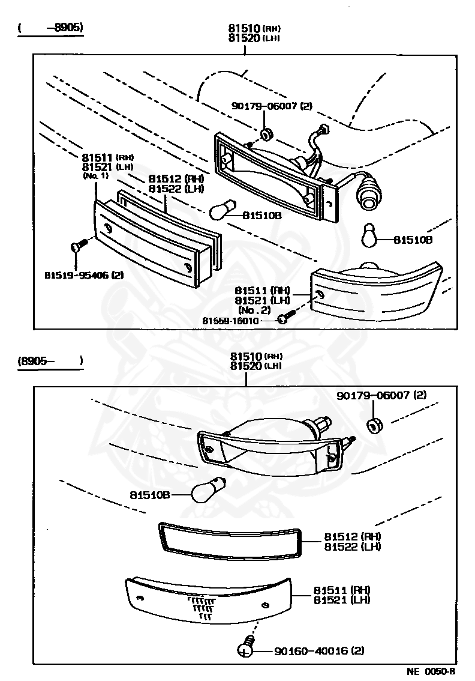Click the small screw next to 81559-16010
coord(284,318)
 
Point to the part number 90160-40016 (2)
coord(319,650)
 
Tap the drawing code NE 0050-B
coord(431,672)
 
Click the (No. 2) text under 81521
coord(254,310)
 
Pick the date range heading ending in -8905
coord(50,28)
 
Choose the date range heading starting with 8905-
coord(50,362)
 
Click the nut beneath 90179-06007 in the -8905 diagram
coord(266,132)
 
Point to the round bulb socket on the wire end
coord(366,196)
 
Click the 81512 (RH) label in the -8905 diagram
coord(176,179)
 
